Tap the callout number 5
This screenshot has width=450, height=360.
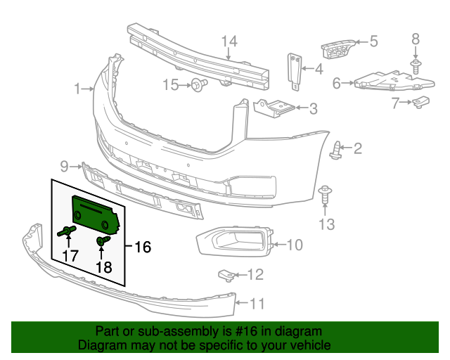[373, 41]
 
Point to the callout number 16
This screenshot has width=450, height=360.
[143, 247]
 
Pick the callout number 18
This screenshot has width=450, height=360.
[103, 267]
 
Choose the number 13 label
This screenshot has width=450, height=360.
[326, 224]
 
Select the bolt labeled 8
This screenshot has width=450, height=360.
[416, 66]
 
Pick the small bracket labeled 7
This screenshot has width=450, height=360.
[421, 103]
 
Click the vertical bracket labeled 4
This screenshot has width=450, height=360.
[295, 70]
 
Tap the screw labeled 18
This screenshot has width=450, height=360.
[102, 242]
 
